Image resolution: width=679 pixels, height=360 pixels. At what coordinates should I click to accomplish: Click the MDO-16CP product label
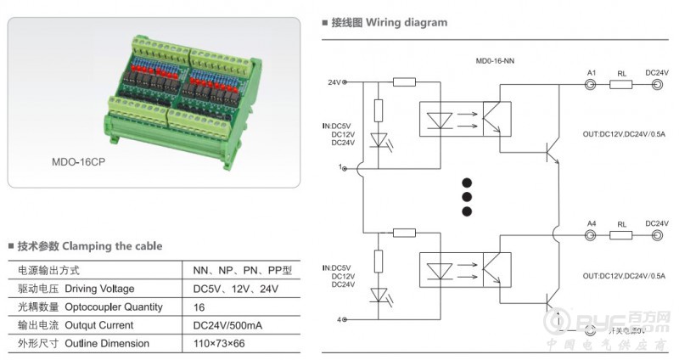point(82,160)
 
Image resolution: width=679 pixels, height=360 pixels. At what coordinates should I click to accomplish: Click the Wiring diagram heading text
point(406,23)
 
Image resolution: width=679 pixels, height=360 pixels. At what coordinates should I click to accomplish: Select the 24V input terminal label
point(333,82)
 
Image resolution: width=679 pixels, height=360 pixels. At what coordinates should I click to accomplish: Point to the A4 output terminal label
point(592,222)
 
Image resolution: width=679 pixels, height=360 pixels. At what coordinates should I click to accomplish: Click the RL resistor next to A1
point(622,86)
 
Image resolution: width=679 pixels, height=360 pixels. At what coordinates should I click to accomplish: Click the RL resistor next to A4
point(622,236)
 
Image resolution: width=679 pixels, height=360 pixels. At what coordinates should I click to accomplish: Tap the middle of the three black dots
point(465,197)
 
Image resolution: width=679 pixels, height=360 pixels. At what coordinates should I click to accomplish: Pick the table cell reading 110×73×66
point(218,343)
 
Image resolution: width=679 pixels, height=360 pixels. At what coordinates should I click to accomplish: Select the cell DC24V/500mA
point(228,325)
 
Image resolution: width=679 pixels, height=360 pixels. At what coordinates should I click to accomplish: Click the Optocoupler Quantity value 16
point(199,307)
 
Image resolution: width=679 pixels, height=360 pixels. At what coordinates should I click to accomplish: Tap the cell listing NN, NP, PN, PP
point(242,270)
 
